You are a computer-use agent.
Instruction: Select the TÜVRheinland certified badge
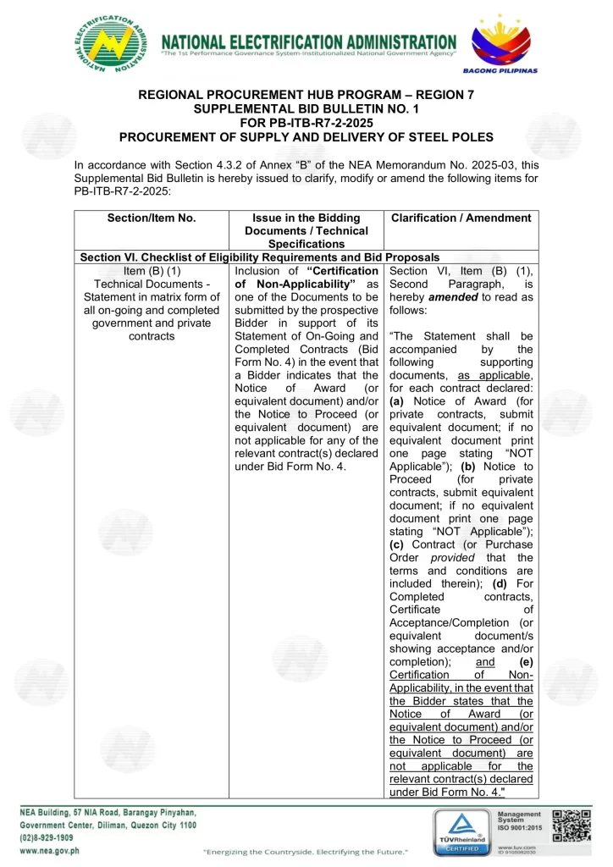(x=461, y=831)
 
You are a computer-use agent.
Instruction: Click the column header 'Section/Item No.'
(x=152, y=218)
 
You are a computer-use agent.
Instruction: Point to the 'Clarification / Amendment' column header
(x=461, y=218)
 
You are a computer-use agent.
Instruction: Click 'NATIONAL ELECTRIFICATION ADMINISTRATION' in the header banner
(x=308, y=41)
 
